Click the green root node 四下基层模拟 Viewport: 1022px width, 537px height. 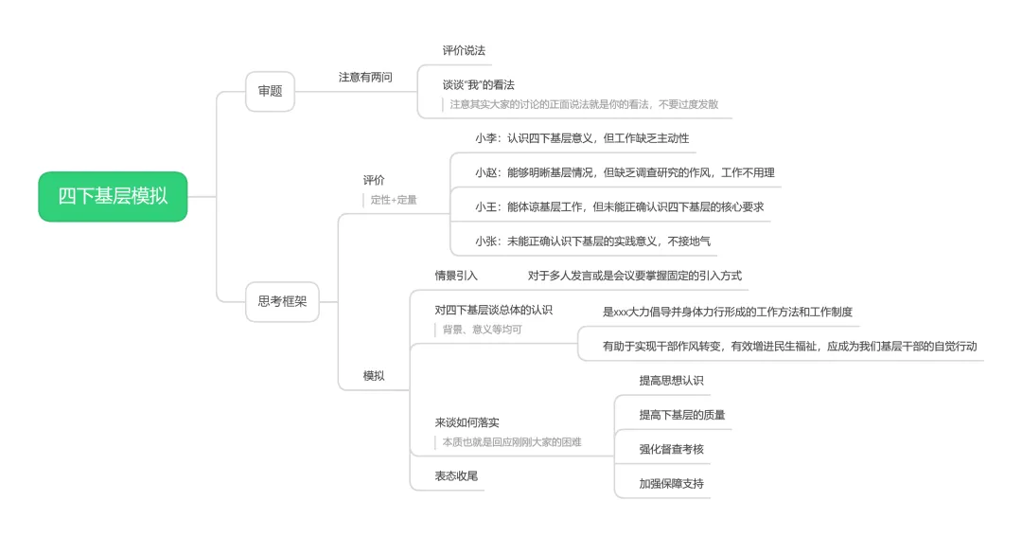tap(113, 196)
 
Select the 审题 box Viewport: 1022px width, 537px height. tap(270, 91)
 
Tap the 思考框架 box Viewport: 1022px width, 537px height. tap(282, 301)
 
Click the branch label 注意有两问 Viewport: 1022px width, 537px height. tap(365, 77)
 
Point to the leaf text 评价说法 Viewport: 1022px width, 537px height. tap(464, 50)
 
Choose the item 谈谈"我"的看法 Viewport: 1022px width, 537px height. tap(479, 85)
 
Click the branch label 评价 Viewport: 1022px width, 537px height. tap(374, 180)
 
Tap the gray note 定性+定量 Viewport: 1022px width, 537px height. tap(394, 200)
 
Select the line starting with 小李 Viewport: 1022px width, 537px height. tap(582, 138)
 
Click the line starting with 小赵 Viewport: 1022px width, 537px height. tap(625, 173)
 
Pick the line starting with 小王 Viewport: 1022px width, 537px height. tap(619, 207)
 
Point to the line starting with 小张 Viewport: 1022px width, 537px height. tap(592, 242)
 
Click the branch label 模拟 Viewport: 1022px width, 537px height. tap(374, 376)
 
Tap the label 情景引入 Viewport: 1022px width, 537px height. tap(456, 276)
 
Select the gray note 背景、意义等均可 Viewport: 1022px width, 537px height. tap(483, 330)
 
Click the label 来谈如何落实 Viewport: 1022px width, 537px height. tap(467, 422)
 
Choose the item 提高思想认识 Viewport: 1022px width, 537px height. tap(671, 381)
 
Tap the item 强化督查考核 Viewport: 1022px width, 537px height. tap(671, 449)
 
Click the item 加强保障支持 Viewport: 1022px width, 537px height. tap(671, 484)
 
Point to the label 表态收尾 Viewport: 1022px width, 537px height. tap(456, 476)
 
